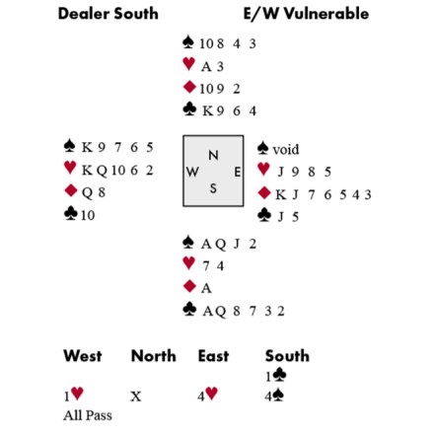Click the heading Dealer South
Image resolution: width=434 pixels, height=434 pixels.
pyautogui.click(x=108, y=14)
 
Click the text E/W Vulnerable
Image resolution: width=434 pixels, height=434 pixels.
pyautogui.click(x=306, y=14)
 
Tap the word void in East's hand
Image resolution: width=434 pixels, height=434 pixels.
pyautogui.click(x=286, y=150)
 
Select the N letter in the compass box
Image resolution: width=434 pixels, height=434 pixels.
pyautogui.click(x=213, y=155)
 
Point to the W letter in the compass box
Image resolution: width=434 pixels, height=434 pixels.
pyautogui.click(x=192, y=172)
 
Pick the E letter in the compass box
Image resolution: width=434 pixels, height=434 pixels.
pyautogui.click(x=238, y=172)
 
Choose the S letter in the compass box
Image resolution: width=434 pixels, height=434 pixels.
pyautogui.click(x=213, y=188)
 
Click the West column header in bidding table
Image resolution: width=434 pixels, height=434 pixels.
pyautogui.click(x=83, y=356)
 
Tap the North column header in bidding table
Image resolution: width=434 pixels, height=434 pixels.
pyautogui.click(x=154, y=356)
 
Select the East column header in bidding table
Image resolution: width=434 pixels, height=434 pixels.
pyautogui.click(x=213, y=356)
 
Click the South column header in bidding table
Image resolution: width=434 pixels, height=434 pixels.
pyautogui.click(x=287, y=356)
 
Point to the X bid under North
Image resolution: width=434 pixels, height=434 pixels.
pyautogui.click(x=136, y=397)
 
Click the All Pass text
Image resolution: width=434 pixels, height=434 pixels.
pyautogui.click(x=88, y=415)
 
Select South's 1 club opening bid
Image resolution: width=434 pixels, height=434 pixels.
pyautogui.click(x=276, y=376)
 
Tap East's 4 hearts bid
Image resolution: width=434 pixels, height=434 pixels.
pyautogui.click(x=208, y=395)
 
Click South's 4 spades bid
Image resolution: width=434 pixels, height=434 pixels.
pyautogui.click(x=275, y=396)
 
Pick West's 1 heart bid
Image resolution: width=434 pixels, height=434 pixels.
pyautogui.click(x=74, y=395)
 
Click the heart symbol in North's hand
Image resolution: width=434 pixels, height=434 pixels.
pyautogui.click(x=188, y=64)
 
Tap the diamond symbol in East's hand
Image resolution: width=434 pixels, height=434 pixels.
pyautogui.click(x=264, y=193)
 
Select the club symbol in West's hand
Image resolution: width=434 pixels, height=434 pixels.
pyautogui.click(x=71, y=214)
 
